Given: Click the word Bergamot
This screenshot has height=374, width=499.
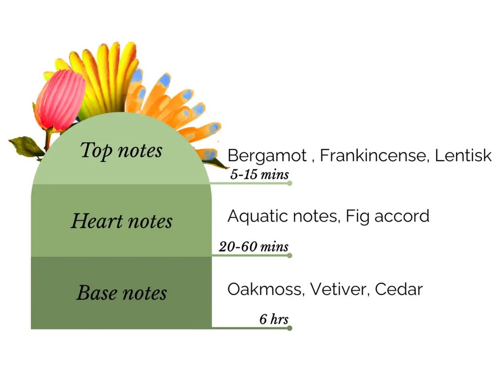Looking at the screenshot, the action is (268, 156).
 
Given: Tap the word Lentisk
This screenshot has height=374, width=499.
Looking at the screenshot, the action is (463, 155).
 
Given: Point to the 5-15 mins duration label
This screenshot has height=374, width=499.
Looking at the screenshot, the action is (259, 174).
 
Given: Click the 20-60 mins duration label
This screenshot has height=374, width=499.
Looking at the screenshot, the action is (253, 246).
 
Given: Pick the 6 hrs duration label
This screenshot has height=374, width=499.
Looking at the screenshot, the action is (274, 319).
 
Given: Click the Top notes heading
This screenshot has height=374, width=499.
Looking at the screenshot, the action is (121, 151).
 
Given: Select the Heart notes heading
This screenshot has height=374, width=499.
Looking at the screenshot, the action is (121, 221).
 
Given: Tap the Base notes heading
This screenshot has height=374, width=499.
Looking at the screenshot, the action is (121, 293).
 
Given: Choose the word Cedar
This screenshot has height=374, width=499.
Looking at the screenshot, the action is (399, 289).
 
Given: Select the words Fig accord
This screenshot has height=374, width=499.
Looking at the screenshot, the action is (387, 217).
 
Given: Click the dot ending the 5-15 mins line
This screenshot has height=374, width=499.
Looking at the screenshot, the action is (289, 183).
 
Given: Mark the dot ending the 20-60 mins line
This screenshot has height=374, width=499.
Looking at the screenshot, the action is (289, 255).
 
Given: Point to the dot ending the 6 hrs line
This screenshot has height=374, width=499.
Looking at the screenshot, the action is (289, 328).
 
